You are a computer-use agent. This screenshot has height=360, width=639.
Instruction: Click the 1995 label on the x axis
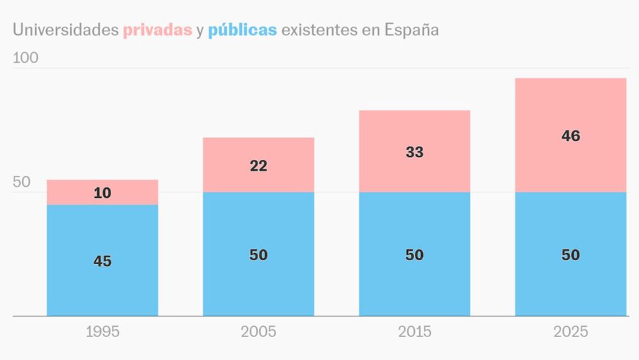pyautogui.click(x=102, y=332)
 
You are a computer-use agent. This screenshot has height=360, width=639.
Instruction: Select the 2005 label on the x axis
pyautogui.click(x=258, y=332)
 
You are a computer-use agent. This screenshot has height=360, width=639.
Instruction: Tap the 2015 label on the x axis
pyautogui.click(x=414, y=332)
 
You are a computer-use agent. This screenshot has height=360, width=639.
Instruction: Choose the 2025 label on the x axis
pyautogui.click(x=570, y=332)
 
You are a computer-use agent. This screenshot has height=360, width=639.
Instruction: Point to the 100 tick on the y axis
pyautogui.click(x=26, y=58)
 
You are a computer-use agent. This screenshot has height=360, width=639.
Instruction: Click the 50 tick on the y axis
pyautogui.click(x=22, y=182)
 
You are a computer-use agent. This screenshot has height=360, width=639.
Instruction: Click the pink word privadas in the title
pyautogui.click(x=157, y=30)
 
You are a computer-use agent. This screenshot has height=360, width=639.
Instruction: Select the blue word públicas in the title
pyautogui.click(x=242, y=30)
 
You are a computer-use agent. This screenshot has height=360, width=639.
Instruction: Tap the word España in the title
pyautogui.click(x=412, y=30)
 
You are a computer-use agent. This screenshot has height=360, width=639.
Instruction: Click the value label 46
pyautogui.click(x=571, y=136)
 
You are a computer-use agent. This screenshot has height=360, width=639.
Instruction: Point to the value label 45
pyautogui.click(x=102, y=261)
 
